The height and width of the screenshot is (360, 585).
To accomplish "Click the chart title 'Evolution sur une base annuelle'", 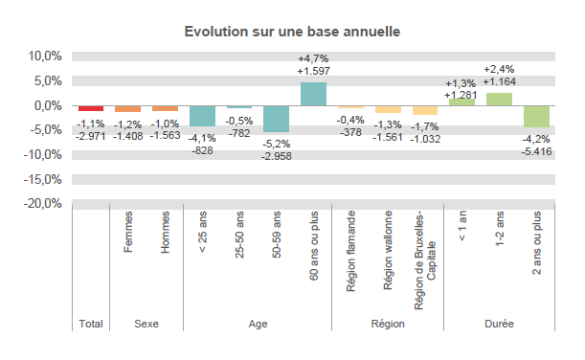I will pyautogui.click(x=292, y=32).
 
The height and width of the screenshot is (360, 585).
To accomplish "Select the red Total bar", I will pyautogui.click(x=91, y=108).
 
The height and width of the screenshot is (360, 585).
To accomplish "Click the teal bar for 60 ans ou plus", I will pyautogui.click(x=314, y=94).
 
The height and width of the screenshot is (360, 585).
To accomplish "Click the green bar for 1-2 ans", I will pyautogui.click(x=499, y=100).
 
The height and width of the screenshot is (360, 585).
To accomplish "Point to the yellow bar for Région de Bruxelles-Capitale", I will pyautogui.click(x=425, y=110).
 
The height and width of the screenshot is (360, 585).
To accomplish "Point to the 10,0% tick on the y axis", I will pyautogui.click(x=44, y=56).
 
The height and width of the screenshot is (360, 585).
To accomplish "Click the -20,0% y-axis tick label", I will pyautogui.click(x=42, y=204).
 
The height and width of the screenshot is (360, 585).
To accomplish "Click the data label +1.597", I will pyautogui.click(x=314, y=72).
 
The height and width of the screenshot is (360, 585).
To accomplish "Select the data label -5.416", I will pyautogui.click(x=536, y=151).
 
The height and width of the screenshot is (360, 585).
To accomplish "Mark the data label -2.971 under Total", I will pyautogui.click(x=91, y=137).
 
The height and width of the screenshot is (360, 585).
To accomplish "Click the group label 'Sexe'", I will pyautogui.click(x=146, y=325).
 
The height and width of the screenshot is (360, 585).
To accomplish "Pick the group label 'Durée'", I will pyautogui.click(x=499, y=325).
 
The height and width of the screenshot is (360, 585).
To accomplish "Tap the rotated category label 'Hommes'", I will pyautogui.click(x=166, y=233).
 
